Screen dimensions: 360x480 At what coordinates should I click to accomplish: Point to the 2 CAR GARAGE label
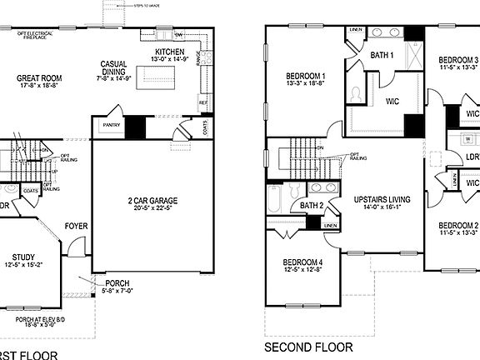[x=150, y=202]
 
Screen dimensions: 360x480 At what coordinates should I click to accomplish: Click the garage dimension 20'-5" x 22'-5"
[x=150, y=210]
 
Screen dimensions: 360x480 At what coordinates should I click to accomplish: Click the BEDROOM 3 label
[x=458, y=60]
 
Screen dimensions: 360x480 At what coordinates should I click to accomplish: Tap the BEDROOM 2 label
[x=458, y=225]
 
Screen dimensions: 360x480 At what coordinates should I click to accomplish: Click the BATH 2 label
[x=312, y=205]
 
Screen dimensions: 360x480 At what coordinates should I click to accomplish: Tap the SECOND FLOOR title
[x=308, y=347]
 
